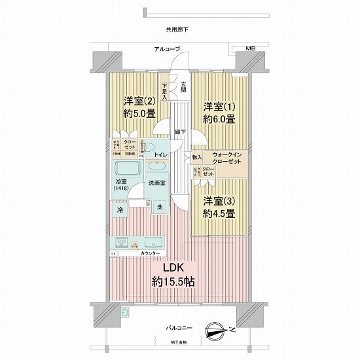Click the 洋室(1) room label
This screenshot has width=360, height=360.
(219, 106)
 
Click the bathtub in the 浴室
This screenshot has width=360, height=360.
(125, 168)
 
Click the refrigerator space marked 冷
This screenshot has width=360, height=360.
(120, 209)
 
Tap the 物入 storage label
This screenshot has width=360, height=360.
(197, 157)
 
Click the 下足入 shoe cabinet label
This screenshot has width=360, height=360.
(165, 91)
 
